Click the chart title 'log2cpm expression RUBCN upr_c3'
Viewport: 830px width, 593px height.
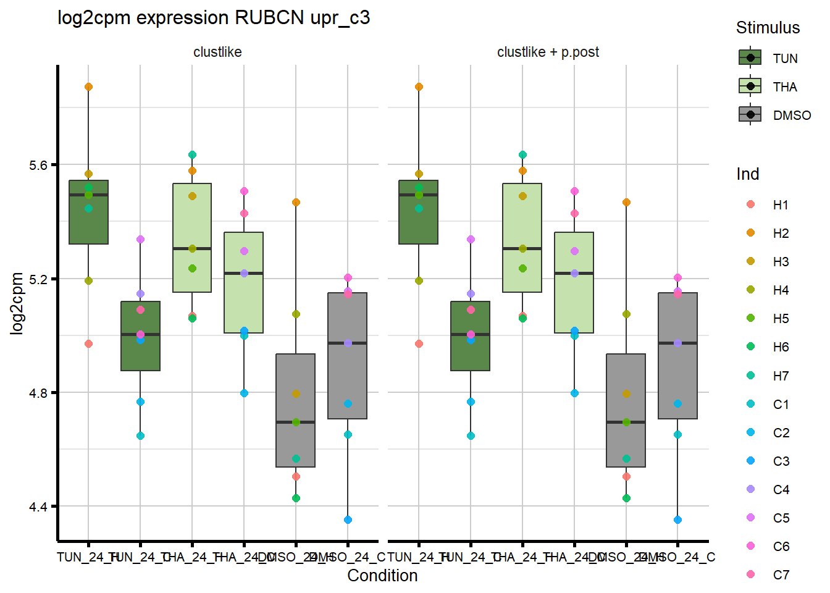(214, 18)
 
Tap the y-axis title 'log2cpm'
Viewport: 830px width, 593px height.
(17, 303)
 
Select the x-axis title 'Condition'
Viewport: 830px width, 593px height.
(382, 576)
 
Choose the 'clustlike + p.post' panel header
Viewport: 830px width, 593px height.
(548, 52)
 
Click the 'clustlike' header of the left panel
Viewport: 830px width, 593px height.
(217, 52)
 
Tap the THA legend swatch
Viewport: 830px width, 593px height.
(750, 86)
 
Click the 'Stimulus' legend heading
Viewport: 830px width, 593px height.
(768, 28)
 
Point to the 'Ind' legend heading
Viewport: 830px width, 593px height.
(747, 174)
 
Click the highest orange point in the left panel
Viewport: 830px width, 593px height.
(88, 87)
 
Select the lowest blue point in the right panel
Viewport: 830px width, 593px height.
(677, 520)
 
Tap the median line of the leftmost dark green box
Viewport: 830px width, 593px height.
(88, 195)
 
